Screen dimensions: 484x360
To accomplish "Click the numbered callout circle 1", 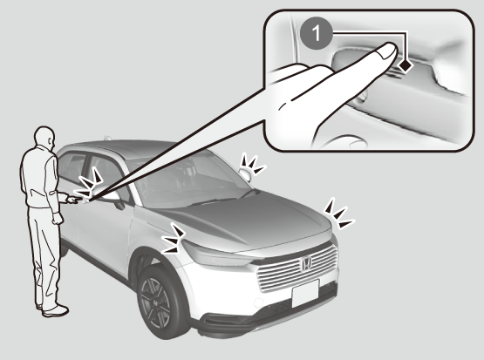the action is click(316, 33).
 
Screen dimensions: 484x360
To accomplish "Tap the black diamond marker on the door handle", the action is click(406, 65).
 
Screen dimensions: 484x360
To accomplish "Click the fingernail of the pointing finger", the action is click(388, 51).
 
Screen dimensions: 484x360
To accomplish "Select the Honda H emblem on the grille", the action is click(306, 263).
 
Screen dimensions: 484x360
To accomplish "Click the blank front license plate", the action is click(305, 293).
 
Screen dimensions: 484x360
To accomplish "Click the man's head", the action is click(45, 136).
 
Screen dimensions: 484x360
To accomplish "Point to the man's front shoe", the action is click(56, 310).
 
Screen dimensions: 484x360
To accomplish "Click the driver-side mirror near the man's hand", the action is click(112, 197).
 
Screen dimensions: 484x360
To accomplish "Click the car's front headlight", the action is click(216, 255).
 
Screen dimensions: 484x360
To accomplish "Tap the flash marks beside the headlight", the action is click(174, 239).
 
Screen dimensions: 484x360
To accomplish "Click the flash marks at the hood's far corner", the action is click(338, 214).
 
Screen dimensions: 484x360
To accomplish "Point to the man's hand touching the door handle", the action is click(74, 200).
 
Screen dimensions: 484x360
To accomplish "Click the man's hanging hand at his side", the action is click(58, 218).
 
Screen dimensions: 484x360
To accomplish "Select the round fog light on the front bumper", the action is click(259, 303).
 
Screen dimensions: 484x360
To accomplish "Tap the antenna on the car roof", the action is click(107, 138).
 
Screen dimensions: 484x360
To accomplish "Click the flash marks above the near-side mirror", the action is click(91, 184).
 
